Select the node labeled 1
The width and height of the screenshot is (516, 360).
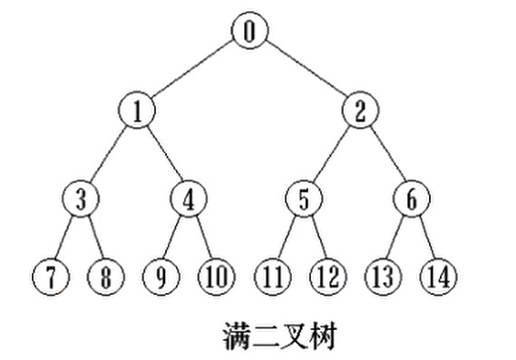[x=138, y=112]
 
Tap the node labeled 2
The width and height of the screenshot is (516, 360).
[x=360, y=112]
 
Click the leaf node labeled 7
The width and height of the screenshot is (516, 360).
[x=51, y=276]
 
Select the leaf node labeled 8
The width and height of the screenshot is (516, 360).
[x=106, y=276]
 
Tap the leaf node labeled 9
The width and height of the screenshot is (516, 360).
[x=161, y=276]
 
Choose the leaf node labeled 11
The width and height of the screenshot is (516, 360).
[x=271, y=276]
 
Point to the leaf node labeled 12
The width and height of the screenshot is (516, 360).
[x=327, y=276]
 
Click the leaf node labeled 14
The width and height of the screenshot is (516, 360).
[x=438, y=276]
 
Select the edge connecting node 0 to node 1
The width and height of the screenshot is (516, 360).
[x=193, y=72]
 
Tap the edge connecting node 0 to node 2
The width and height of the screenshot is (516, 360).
[x=305, y=72]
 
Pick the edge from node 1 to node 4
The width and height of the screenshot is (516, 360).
[x=163, y=156]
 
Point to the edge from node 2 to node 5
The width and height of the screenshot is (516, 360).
[x=332, y=156]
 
